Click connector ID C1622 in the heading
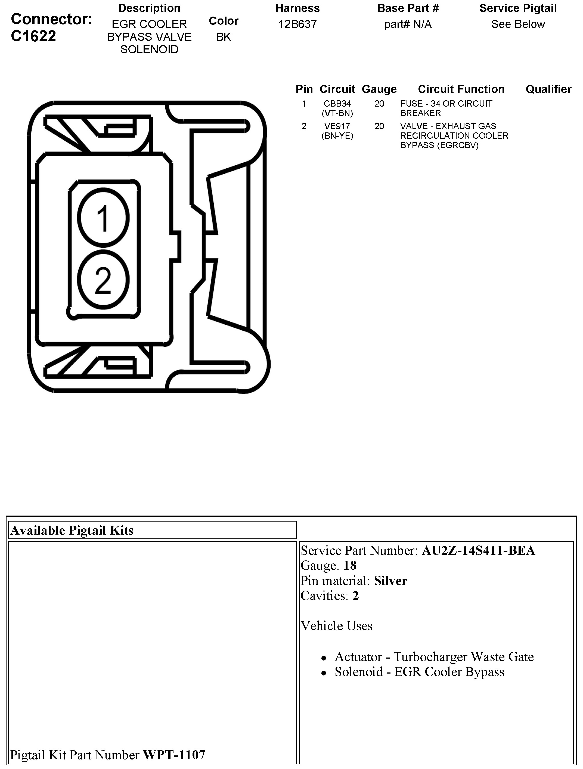[x=33, y=36]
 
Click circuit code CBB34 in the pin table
[x=337, y=104]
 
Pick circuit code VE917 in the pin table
[x=337, y=126]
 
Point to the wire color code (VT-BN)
[x=337, y=113]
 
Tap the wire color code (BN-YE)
[x=337, y=136]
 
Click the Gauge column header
[x=379, y=89]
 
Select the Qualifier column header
[x=548, y=89]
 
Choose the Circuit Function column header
[x=461, y=89]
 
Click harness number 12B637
[x=297, y=24]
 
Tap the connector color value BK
[x=224, y=37]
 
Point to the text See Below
[x=518, y=24]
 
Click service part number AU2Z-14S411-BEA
[x=478, y=551]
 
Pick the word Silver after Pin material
[x=390, y=581]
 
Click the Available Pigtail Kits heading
[x=72, y=531]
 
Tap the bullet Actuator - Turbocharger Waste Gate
[x=434, y=657]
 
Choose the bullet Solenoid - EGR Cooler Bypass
[x=419, y=672]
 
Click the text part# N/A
[x=408, y=24]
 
